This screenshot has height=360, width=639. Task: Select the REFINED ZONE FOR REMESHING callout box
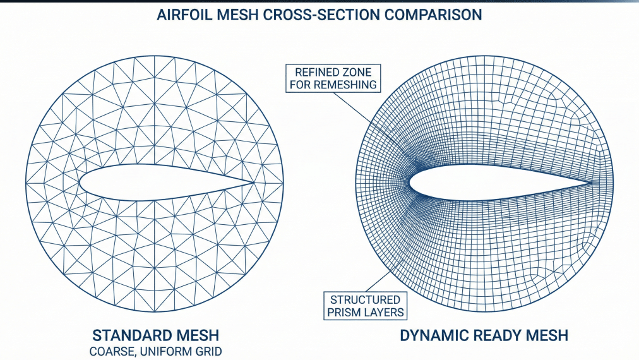pyautogui.click(x=333, y=78)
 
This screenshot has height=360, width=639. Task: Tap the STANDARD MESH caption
pyautogui.click(x=155, y=334)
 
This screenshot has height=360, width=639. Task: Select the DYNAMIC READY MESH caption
pyautogui.click(x=484, y=335)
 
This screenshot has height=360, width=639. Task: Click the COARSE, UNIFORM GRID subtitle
pyautogui.click(x=155, y=351)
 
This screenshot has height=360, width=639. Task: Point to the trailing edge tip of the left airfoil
pyautogui.click(x=254, y=183)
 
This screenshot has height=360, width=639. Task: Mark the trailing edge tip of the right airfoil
pyautogui.click(x=592, y=184)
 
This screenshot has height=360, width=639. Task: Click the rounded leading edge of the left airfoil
pyautogui.click(x=80, y=183)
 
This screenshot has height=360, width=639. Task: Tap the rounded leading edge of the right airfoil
pyautogui.click(x=410, y=184)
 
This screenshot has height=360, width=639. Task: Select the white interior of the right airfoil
pyautogui.click(x=480, y=184)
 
